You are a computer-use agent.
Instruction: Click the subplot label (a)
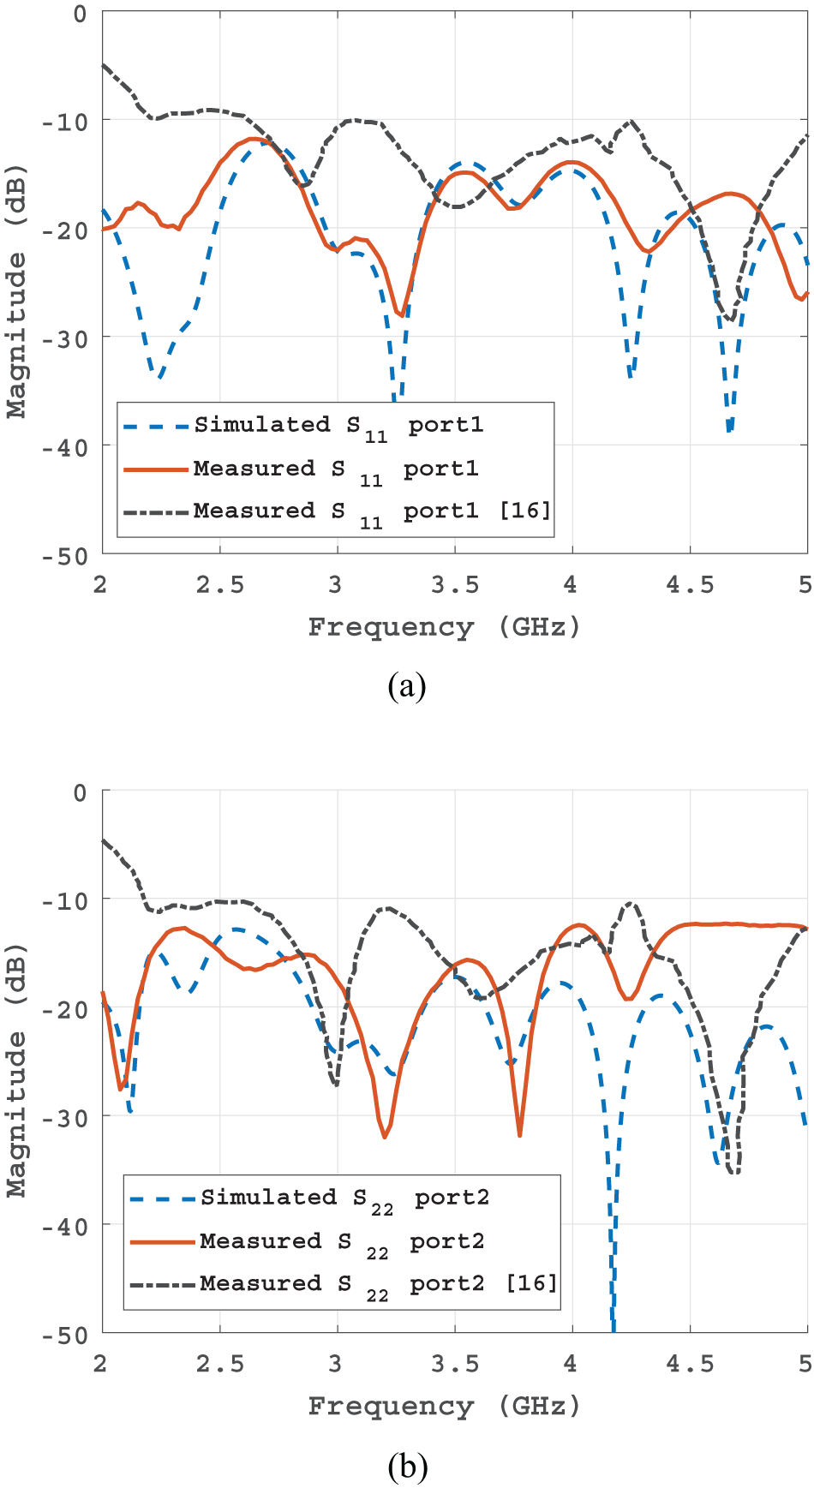[x=406, y=686]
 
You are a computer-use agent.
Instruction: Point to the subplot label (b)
[x=406, y=1466]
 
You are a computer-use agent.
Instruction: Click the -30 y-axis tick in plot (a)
[x=64, y=338]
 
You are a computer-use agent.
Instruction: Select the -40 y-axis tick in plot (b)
[x=64, y=1226]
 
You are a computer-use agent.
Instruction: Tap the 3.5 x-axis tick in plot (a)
[x=454, y=585]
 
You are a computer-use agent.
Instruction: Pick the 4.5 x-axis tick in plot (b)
[x=690, y=1364]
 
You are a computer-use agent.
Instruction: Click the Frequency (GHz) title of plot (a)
[x=444, y=627]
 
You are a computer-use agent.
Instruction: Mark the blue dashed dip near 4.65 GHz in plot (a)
[x=729, y=428]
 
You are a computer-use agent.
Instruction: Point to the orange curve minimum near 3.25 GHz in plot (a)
[x=400, y=314]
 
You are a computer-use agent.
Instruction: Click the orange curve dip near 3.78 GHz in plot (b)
[x=519, y=1134]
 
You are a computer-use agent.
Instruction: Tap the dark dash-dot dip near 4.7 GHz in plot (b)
[x=733, y=1171]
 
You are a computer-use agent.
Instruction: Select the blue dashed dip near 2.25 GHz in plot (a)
[x=159, y=376]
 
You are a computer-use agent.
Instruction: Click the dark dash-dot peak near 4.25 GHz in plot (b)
[x=631, y=903]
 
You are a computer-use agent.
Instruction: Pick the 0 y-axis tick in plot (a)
[x=80, y=14]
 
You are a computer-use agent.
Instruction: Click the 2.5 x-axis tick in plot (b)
[x=219, y=1364]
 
